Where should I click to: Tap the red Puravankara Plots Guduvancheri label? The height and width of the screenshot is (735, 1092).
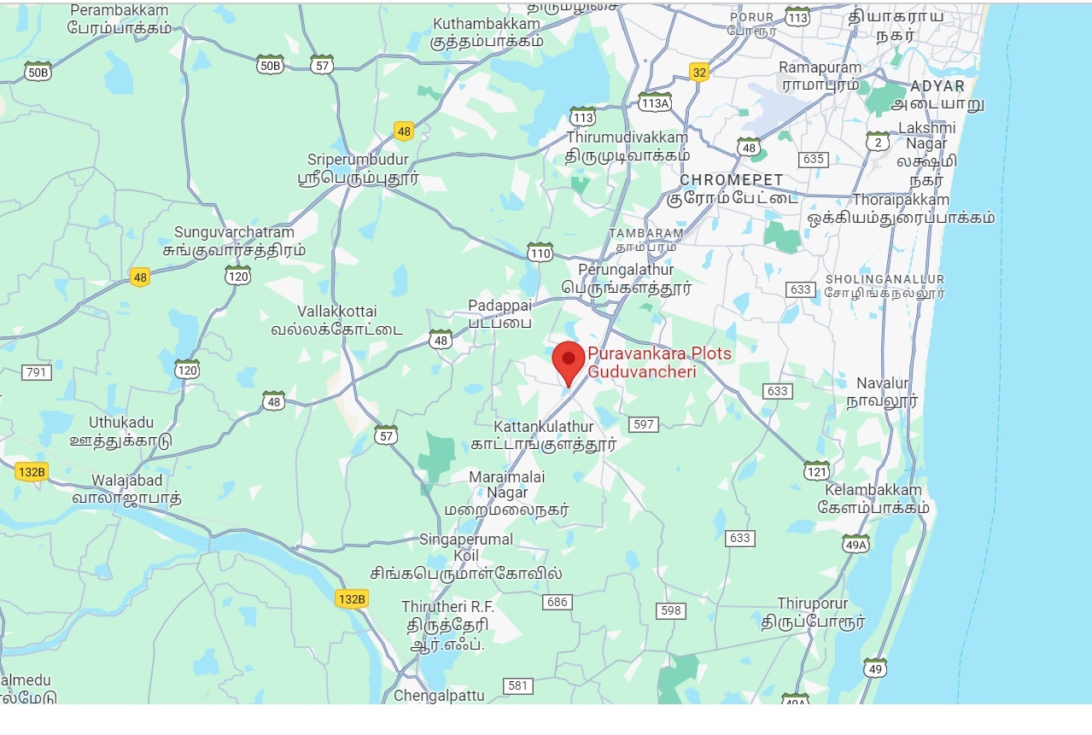[647, 363]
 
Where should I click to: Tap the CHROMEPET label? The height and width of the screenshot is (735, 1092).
[731, 180]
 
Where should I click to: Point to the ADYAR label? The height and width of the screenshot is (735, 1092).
[937, 86]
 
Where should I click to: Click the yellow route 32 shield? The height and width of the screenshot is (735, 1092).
[699, 73]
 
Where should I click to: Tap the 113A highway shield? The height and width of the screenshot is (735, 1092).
[654, 103]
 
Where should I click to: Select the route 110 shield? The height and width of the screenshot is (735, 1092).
[540, 253]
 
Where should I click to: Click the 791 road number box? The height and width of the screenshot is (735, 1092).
[37, 372]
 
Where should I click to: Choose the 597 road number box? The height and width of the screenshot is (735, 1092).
[644, 424]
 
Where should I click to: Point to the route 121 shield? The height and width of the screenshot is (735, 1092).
[816, 471]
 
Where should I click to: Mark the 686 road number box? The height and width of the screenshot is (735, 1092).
[557, 603]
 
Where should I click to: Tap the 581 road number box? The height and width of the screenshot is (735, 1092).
[518, 685]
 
